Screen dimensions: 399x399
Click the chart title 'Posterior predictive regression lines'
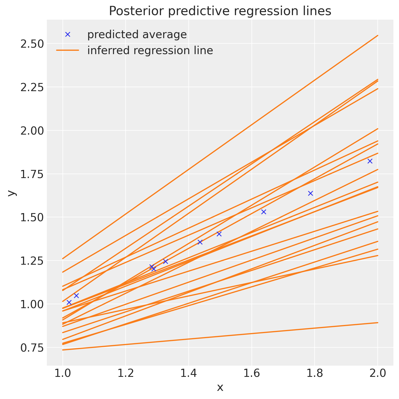pos(220,11)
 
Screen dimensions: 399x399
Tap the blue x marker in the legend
pos(68,34)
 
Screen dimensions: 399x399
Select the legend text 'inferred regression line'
pos(150,50)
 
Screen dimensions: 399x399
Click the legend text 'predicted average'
pos(137,34)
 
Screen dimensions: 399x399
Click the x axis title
pos(220,388)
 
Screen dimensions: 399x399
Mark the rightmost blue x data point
pos(370,161)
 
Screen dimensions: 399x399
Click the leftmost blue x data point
pos(69,302)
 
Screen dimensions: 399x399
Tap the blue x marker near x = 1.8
pos(310,193)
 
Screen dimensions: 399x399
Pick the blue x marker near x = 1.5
pos(219,234)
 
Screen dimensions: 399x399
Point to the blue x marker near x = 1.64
pos(264,212)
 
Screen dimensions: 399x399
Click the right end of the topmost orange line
pos(378,36)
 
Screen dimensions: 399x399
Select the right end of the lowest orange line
pos(378,323)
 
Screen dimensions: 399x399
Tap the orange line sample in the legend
pos(68,50)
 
